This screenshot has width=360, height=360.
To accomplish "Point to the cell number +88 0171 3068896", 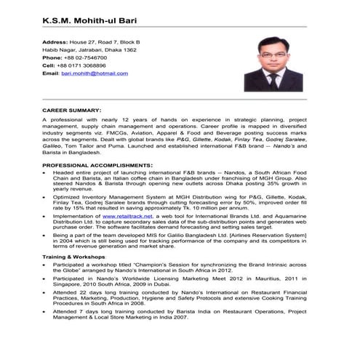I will coord(85,65).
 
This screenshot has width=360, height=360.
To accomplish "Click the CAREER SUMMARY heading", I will coord(71,109).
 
